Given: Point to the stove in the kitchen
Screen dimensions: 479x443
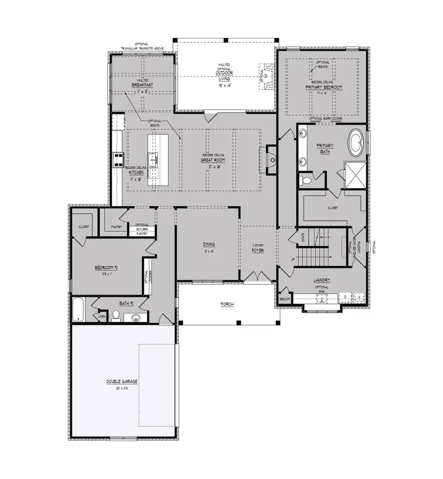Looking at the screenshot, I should click(x=119, y=159).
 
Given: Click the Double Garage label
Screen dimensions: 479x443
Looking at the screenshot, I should click(x=121, y=382).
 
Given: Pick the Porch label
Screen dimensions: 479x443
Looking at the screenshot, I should click(x=227, y=304).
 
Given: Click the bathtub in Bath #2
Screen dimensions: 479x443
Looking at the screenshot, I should click(x=78, y=309).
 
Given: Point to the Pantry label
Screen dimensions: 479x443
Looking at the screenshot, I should click(x=117, y=226).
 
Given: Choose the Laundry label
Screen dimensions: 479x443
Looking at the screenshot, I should click(x=322, y=280).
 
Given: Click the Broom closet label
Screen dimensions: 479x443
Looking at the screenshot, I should click(x=285, y=299).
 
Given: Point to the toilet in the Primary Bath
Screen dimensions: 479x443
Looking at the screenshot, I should click(x=306, y=180).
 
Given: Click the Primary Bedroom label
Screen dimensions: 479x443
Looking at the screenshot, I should click(x=323, y=87).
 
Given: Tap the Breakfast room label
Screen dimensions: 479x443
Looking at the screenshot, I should click(x=141, y=85).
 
